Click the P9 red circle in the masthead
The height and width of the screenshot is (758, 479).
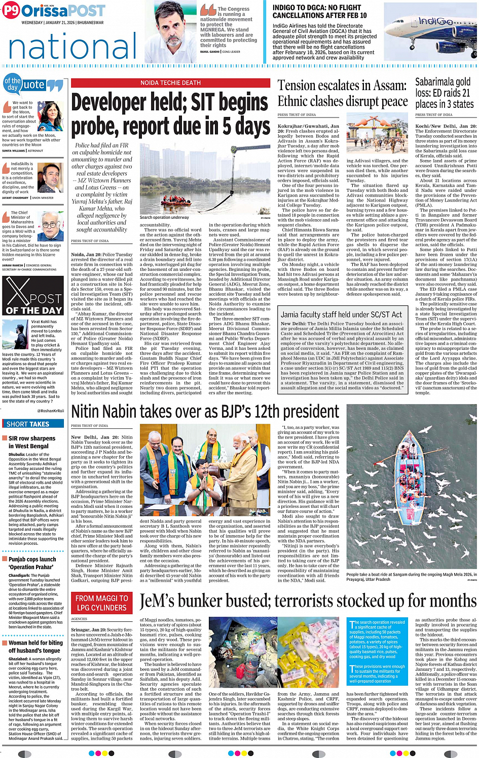[11, 11]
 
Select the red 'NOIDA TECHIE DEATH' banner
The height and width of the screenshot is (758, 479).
[170, 83]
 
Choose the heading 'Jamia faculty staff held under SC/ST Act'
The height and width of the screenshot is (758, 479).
[342, 314]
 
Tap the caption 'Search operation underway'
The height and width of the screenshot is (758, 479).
[164, 217]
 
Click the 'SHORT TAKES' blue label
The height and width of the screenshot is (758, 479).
[28, 424]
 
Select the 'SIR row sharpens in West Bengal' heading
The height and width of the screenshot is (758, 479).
[32, 442]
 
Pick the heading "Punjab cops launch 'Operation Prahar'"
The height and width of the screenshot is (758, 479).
[32, 563]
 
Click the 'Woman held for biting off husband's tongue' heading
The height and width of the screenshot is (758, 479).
[35, 646]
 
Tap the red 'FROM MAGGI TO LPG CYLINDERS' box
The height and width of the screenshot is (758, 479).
[101, 603]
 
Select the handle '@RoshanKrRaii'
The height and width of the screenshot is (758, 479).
[51, 411]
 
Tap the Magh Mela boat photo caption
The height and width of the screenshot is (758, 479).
[411, 577]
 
